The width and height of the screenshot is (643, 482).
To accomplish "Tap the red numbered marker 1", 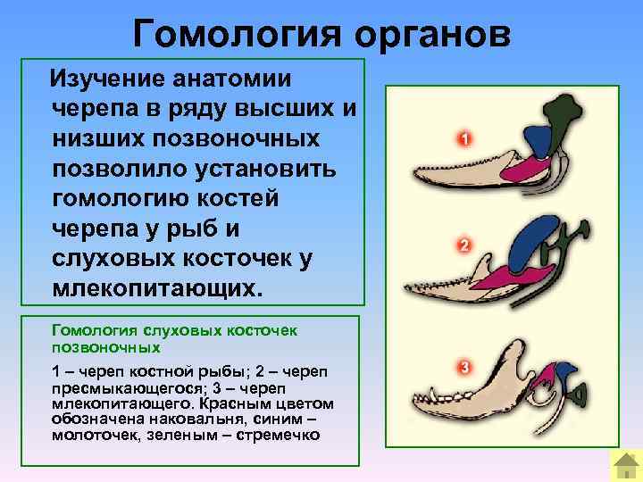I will pyautogui.click(x=463, y=139).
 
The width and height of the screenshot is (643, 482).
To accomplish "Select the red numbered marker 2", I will pyautogui.click(x=463, y=245).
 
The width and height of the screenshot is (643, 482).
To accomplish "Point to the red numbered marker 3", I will pyautogui.click(x=463, y=367).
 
